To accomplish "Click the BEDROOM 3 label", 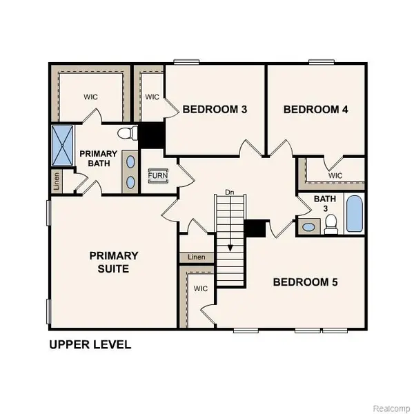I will coord(215,109).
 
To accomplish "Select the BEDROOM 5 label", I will coord(306,282).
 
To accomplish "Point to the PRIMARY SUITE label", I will coord(114,262).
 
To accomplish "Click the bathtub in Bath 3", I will coord(353,214).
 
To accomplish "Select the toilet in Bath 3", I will coord(331,222).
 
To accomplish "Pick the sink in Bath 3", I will coord(309,226).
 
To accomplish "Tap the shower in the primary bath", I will coord(61,145).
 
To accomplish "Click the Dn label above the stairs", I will coord(230,192).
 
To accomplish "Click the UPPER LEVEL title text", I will coord(90,344).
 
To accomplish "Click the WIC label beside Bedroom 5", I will coord(201,288).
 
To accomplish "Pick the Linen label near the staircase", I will coord(196,257).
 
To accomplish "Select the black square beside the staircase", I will coord(256,229).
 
